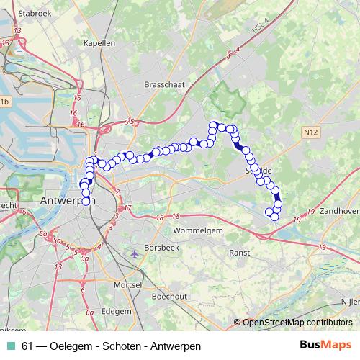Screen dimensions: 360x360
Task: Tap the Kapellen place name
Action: click(x=99, y=43)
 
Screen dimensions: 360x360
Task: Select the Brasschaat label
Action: click(x=164, y=84)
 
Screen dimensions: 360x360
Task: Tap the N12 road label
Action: click(x=310, y=132)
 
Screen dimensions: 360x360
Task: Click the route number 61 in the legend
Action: click(x=27, y=346)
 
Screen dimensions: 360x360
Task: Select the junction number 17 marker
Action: click(x=127, y=209)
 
